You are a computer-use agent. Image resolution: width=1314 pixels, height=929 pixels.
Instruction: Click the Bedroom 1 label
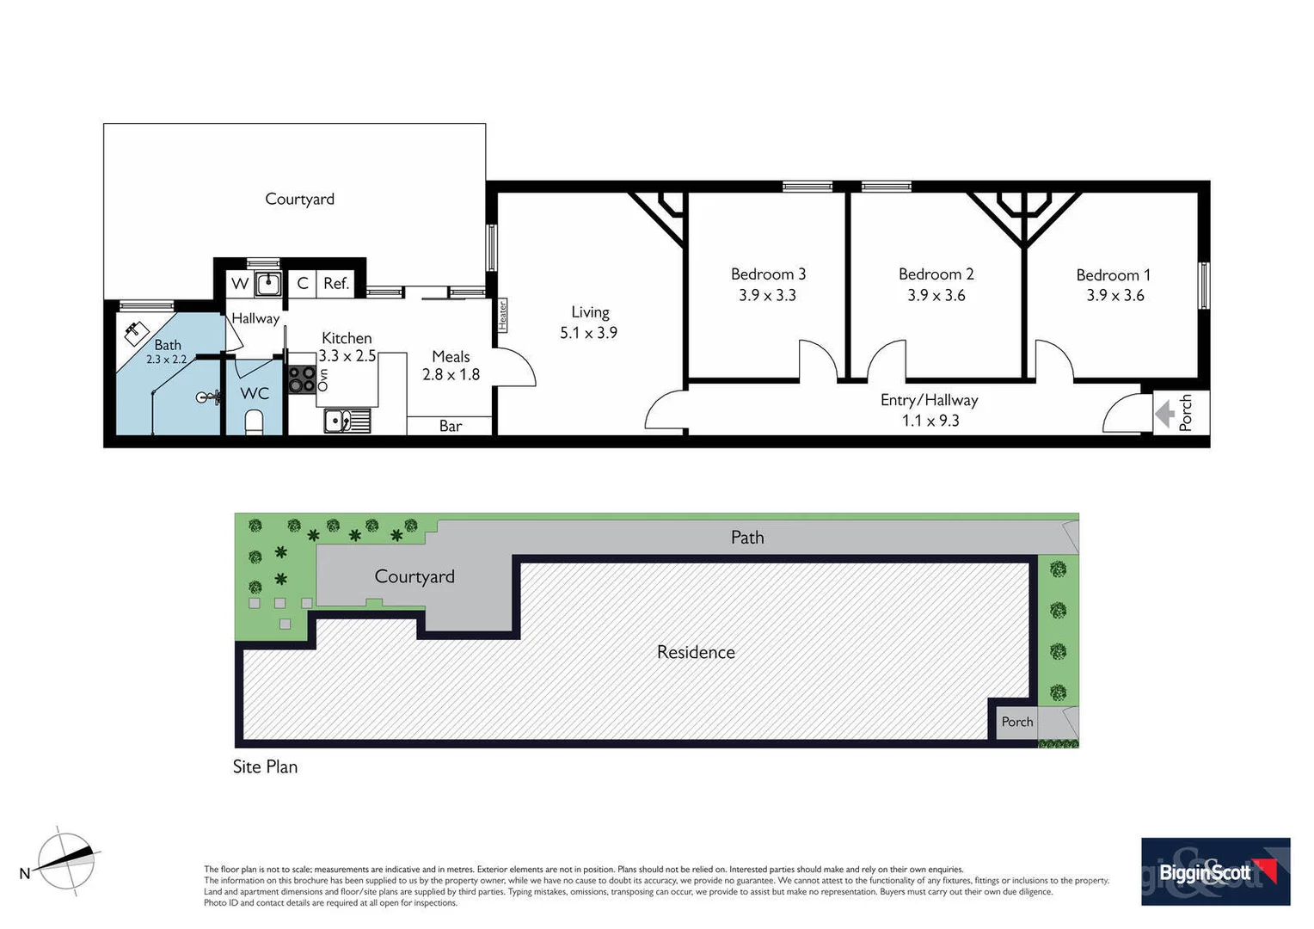point(1113,275)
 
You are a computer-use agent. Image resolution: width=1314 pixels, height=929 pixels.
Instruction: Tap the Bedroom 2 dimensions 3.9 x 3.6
point(936,295)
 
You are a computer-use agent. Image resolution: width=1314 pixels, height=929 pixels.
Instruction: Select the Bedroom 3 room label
point(768,274)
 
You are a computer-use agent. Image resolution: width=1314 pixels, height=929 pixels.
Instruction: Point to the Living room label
point(590,312)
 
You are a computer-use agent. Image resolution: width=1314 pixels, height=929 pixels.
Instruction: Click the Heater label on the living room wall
point(502,315)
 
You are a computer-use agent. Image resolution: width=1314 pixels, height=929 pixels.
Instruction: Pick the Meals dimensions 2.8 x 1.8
point(451,374)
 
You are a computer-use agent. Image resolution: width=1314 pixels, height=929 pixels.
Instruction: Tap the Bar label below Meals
point(451,426)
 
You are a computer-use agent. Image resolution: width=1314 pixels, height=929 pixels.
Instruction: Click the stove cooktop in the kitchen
point(301,379)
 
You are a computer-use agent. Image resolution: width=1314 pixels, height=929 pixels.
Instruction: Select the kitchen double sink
point(347,421)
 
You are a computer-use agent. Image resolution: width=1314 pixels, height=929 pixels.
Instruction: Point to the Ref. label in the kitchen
point(335,283)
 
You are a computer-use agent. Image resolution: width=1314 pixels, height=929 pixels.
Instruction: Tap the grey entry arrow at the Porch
point(1165,414)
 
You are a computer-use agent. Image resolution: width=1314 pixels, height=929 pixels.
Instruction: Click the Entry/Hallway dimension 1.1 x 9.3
point(930,421)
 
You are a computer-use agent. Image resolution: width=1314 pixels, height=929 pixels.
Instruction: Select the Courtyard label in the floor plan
point(299,199)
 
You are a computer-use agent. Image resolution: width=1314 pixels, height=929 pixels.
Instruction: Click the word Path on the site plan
point(746,538)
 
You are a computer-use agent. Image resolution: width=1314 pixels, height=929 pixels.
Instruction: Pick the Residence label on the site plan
point(696,652)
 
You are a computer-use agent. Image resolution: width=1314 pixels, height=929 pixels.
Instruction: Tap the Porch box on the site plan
point(1016,722)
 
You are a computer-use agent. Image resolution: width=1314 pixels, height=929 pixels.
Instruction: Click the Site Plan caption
point(265,766)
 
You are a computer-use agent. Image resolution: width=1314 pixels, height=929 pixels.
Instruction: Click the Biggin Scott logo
point(1214,871)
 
